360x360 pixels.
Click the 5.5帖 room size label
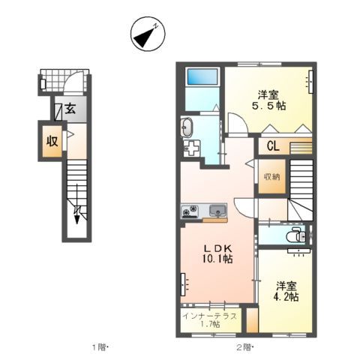tap(271, 106)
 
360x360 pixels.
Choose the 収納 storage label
tap(271, 177)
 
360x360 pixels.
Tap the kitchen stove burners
tap(189, 210)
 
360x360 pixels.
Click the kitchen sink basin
tap(217, 210)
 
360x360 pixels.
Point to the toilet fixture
tap(298, 236)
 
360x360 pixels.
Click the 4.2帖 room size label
tap(286, 296)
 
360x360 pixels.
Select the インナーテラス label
tap(210, 315)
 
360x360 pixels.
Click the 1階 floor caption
tap(100, 347)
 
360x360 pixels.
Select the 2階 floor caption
tap(244, 347)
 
